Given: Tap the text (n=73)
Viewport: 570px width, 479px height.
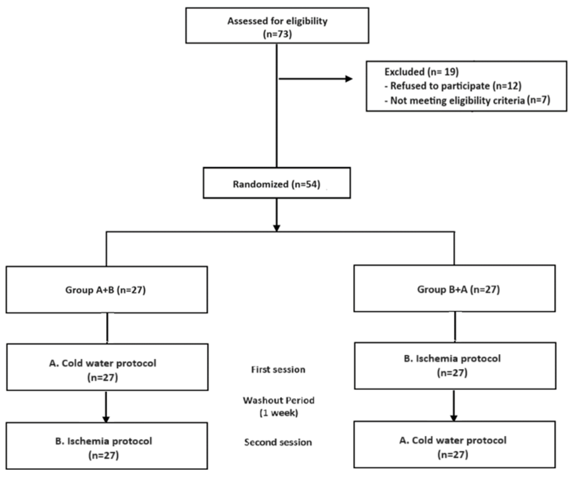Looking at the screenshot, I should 277,34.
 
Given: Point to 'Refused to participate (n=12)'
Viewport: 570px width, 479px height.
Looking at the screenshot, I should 456,86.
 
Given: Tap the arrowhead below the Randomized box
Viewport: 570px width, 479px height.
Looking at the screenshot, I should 277,227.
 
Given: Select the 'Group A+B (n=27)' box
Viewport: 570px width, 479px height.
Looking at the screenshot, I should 107,290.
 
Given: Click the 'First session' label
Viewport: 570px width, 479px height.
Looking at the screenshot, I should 278,370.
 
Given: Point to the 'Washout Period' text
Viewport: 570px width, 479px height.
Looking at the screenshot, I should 279,400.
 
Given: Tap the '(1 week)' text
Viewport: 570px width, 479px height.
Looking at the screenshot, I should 279,413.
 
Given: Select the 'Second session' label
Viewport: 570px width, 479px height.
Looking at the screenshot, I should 278,442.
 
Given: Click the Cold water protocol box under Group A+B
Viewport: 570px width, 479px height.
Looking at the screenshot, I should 107,367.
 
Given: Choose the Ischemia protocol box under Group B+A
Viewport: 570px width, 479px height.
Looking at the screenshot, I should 455,366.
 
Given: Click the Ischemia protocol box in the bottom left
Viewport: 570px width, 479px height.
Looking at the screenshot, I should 107,446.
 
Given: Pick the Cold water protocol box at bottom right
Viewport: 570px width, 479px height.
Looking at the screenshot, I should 454,445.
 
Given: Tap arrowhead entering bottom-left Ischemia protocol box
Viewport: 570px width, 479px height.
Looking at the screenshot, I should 106,419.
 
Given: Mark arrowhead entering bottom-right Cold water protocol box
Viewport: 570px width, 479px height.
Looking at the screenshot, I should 454,418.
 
